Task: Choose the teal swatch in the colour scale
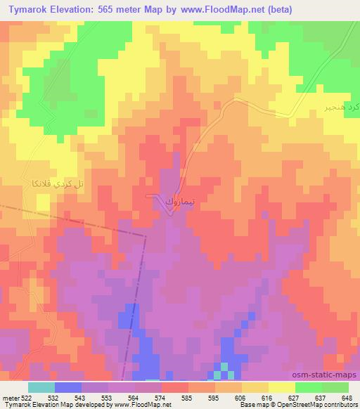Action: [41, 387]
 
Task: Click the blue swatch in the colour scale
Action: [67, 387]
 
